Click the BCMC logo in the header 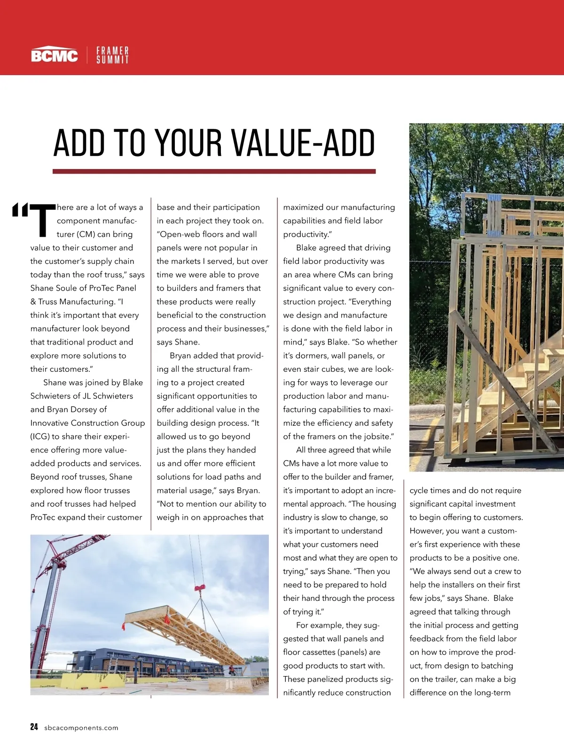(x=55, y=55)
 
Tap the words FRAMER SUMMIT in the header (x=112, y=55)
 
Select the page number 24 (x=34, y=727)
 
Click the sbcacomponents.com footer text (x=81, y=728)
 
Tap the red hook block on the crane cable (x=200, y=587)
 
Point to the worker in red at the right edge (x=231, y=669)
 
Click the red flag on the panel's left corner (x=124, y=626)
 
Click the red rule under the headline (x=214, y=172)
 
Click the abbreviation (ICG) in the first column (x=40, y=437)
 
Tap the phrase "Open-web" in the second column (x=178, y=234)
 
